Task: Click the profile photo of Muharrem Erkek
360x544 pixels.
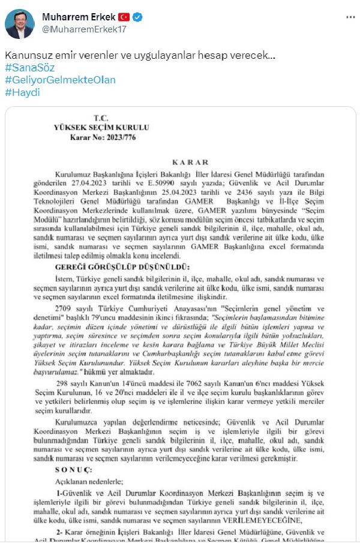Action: (x=19, y=23)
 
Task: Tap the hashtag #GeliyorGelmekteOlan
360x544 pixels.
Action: (x=60, y=80)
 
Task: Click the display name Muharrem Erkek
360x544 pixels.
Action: (x=78, y=16)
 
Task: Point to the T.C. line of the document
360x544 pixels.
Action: (x=100, y=118)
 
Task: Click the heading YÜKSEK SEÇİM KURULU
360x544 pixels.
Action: (x=100, y=127)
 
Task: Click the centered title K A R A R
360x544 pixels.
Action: (x=190, y=162)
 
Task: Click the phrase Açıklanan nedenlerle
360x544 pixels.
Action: (x=96, y=481)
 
